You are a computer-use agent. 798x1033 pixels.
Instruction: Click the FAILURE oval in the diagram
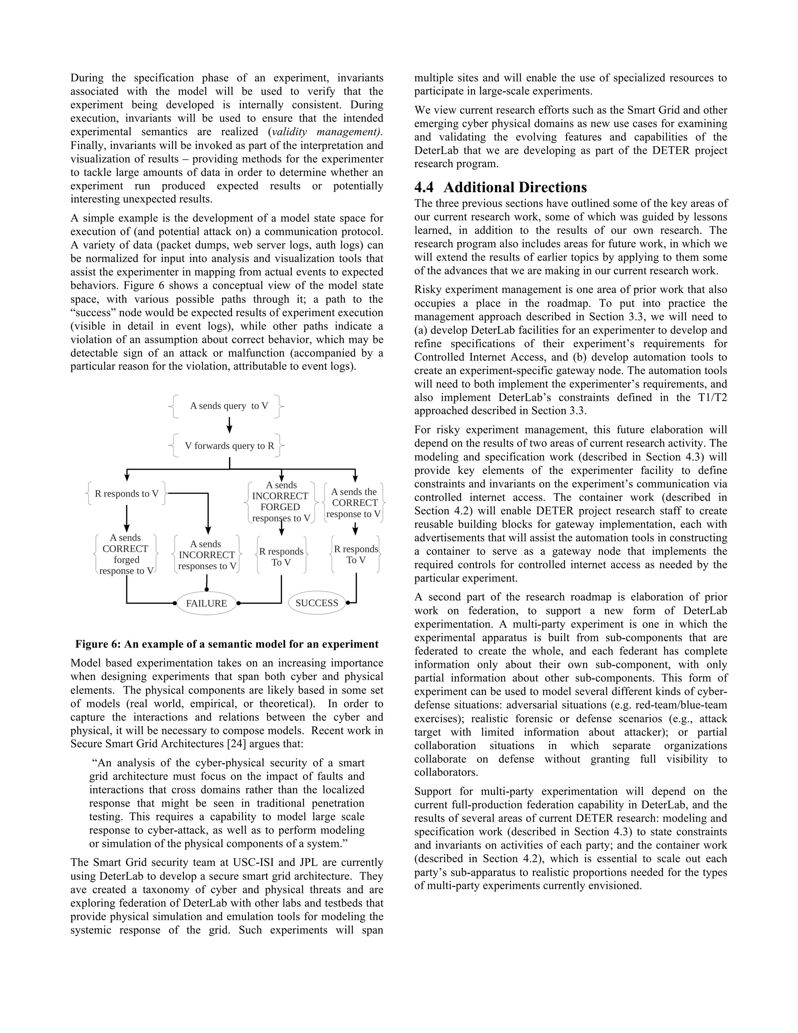click(206, 603)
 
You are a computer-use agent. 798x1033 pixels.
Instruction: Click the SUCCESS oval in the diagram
click(317, 603)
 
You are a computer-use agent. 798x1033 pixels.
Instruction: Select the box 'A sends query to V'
click(229, 406)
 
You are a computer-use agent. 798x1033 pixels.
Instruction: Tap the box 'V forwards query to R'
click(229, 446)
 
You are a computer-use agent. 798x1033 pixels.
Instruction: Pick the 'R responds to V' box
click(127, 494)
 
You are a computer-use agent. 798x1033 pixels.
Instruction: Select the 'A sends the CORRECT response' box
click(354, 503)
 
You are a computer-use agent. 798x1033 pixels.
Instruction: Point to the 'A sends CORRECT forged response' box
click(126, 554)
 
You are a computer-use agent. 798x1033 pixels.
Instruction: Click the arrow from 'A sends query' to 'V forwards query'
click(229, 424)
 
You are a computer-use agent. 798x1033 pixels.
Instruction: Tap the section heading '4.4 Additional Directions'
click(500, 187)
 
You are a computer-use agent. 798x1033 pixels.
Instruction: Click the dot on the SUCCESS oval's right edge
click(348, 603)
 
